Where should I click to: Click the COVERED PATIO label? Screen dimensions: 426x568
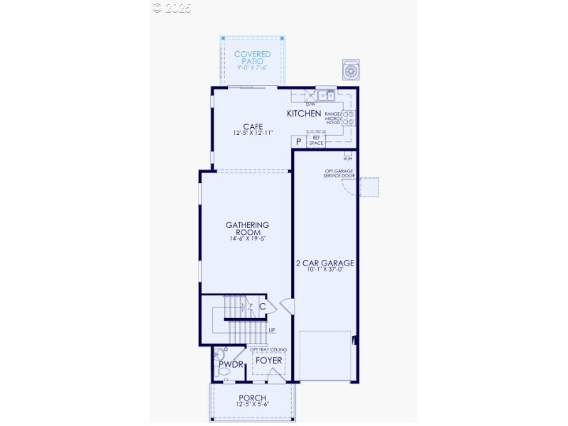253,57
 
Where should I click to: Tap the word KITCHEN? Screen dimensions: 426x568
304,114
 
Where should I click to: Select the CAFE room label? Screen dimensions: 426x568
253,127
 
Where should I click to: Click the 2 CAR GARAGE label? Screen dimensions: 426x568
324,263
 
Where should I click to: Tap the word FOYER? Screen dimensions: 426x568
268,361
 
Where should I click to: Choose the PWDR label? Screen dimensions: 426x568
231,365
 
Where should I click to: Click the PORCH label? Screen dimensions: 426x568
252,398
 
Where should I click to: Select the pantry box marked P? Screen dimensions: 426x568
299,142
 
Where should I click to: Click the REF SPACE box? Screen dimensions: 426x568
317,141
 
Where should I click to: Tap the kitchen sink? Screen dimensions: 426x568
327,94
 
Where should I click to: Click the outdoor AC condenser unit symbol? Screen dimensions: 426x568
351,70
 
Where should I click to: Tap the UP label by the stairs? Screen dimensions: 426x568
271,330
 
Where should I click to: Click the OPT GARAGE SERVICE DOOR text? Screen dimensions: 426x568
340,173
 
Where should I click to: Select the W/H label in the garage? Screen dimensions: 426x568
348,159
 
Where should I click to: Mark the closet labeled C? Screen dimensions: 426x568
263,307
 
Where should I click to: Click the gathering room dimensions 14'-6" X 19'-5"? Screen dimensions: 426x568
247,239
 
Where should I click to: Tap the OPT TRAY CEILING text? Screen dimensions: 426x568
268,350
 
